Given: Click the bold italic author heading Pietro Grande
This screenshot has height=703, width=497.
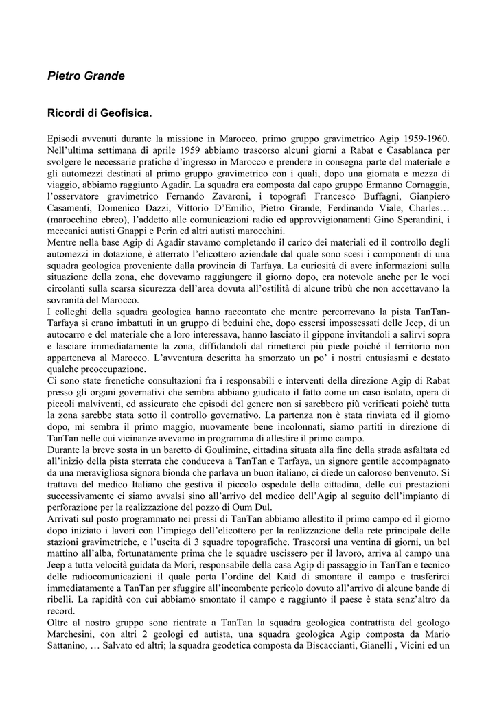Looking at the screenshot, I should pos(86,76).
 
